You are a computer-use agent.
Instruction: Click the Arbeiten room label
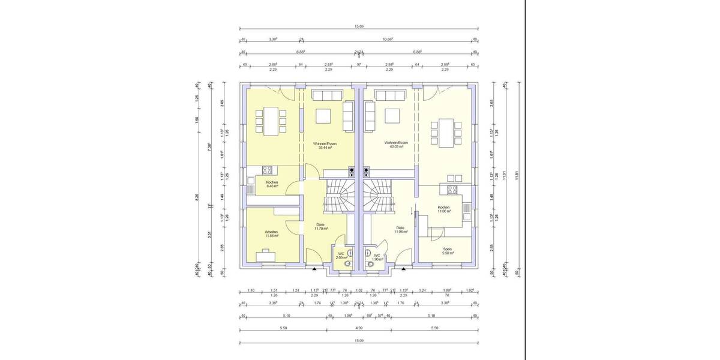271,232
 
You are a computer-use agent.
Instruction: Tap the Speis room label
447,249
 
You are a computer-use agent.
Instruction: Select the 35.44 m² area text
325,148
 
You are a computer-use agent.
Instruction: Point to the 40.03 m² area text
396,147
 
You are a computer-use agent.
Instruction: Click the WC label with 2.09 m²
341,254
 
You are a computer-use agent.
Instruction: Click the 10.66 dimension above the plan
387,40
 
